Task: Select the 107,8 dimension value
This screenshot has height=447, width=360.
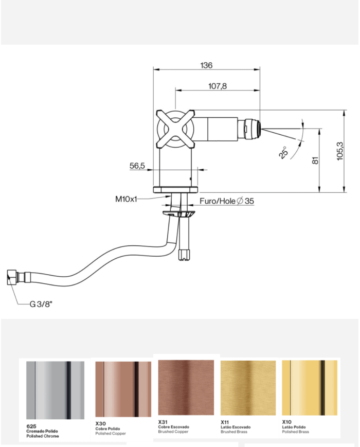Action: pyautogui.click(x=218, y=86)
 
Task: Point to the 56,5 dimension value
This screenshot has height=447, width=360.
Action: pyautogui.click(x=137, y=166)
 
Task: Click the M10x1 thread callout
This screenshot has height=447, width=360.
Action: pyautogui.click(x=126, y=199)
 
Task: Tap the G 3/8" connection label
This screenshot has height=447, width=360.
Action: pyautogui.click(x=42, y=304)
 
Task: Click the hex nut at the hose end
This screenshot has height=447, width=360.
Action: pyautogui.click(x=11, y=278)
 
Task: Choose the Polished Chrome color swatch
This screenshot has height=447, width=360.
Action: pyautogui.click(x=55, y=390)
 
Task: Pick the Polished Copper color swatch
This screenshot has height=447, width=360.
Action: pyautogui.click(x=123, y=390)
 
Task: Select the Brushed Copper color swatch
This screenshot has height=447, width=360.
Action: pyautogui.click(x=186, y=387)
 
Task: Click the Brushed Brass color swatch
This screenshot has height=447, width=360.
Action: pyautogui.click(x=248, y=387)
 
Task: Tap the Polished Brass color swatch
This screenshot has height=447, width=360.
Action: pyautogui.click(x=310, y=387)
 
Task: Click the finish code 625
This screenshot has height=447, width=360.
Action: pyautogui.click(x=31, y=426)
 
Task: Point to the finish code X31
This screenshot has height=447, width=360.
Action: pyautogui.click(x=163, y=422)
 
